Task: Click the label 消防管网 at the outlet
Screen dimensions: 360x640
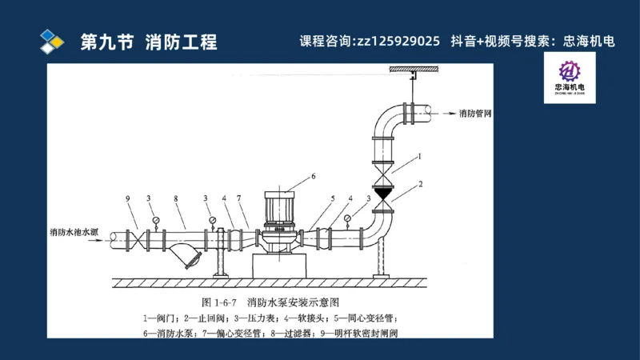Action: pos(475,114)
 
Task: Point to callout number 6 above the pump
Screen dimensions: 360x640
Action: pos(313,175)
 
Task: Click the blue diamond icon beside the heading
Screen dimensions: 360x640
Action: pos(52,40)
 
